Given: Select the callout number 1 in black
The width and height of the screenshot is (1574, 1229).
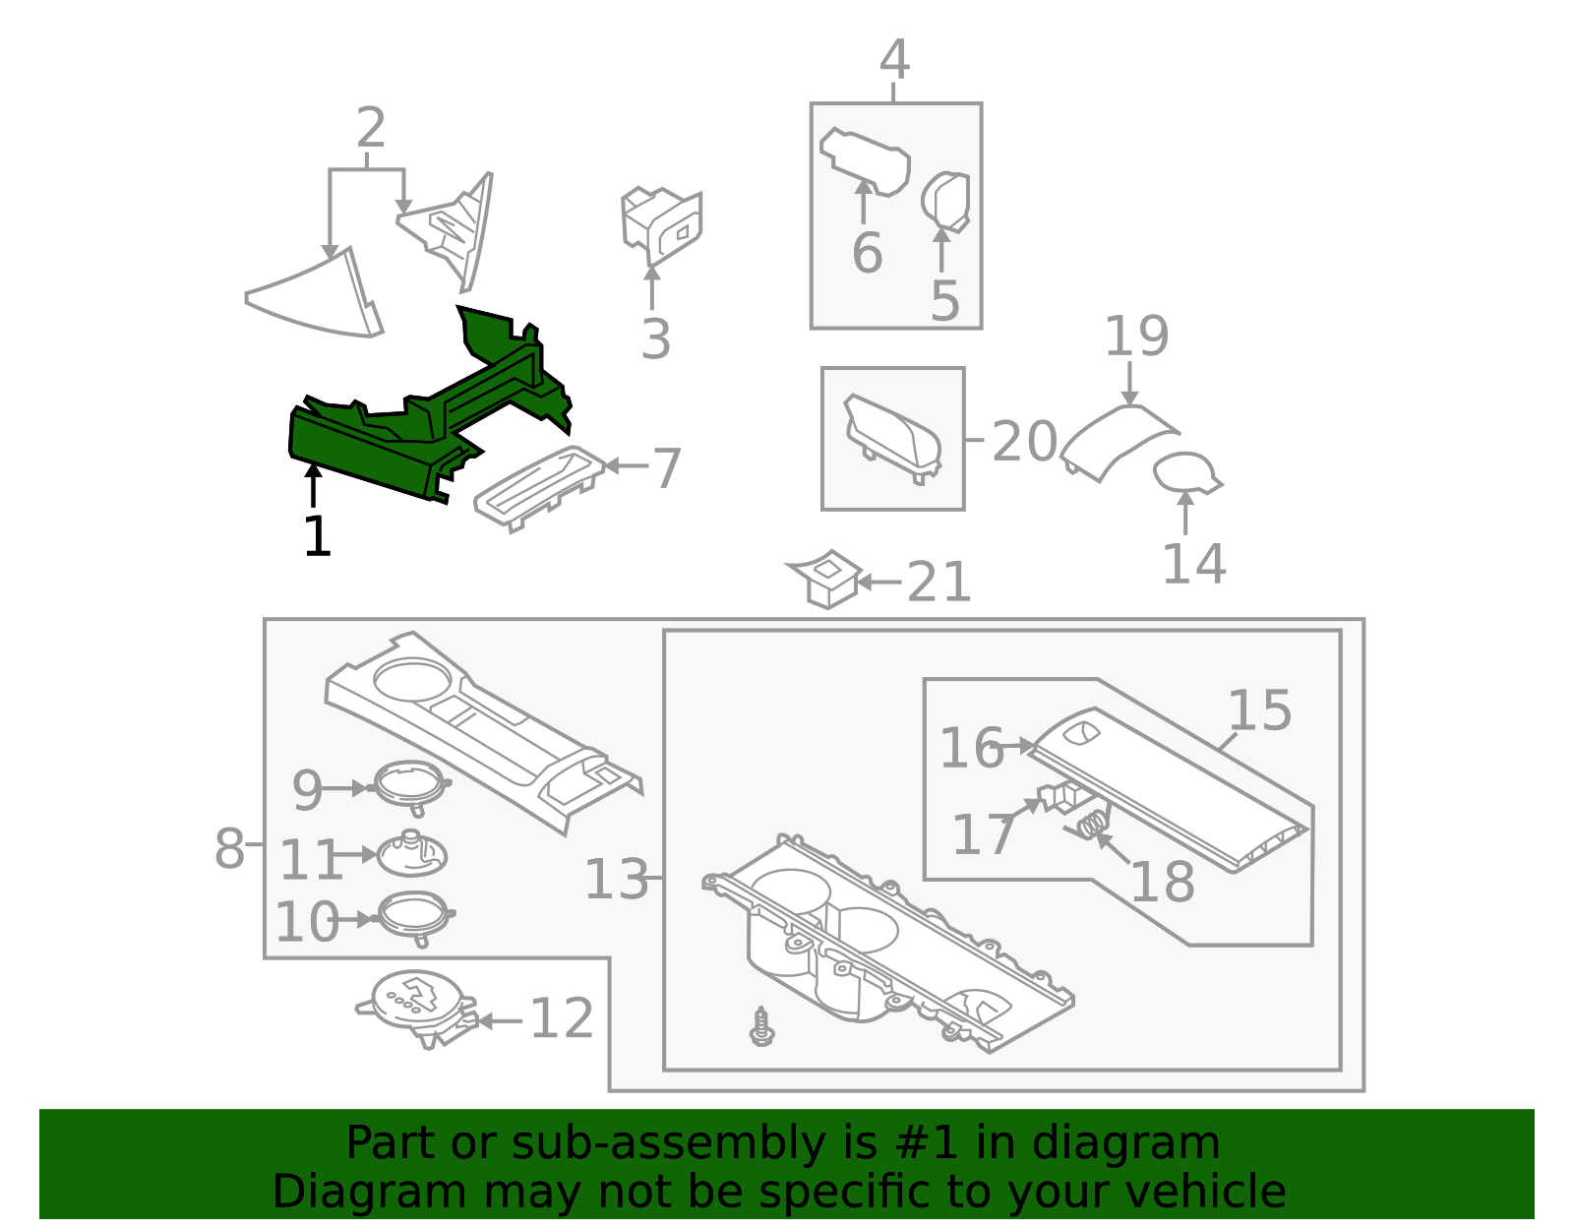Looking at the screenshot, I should (317, 537).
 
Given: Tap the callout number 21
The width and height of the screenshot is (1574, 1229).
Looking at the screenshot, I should (938, 583).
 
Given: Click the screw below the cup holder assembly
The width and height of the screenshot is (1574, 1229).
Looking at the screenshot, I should (761, 1026).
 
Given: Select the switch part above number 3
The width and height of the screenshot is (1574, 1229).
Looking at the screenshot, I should (660, 225).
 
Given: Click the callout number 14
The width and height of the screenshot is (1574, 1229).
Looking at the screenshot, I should (1193, 564).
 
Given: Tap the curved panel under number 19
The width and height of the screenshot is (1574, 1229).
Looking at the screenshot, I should (1117, 440).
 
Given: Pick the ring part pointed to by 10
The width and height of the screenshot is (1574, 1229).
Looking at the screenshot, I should (414, 915).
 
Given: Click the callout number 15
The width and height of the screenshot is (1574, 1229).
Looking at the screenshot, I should (1259, 710).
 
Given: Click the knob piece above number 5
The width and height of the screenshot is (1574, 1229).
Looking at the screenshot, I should (946, 201).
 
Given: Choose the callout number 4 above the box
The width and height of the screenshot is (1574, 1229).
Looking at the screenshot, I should (893, 61).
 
